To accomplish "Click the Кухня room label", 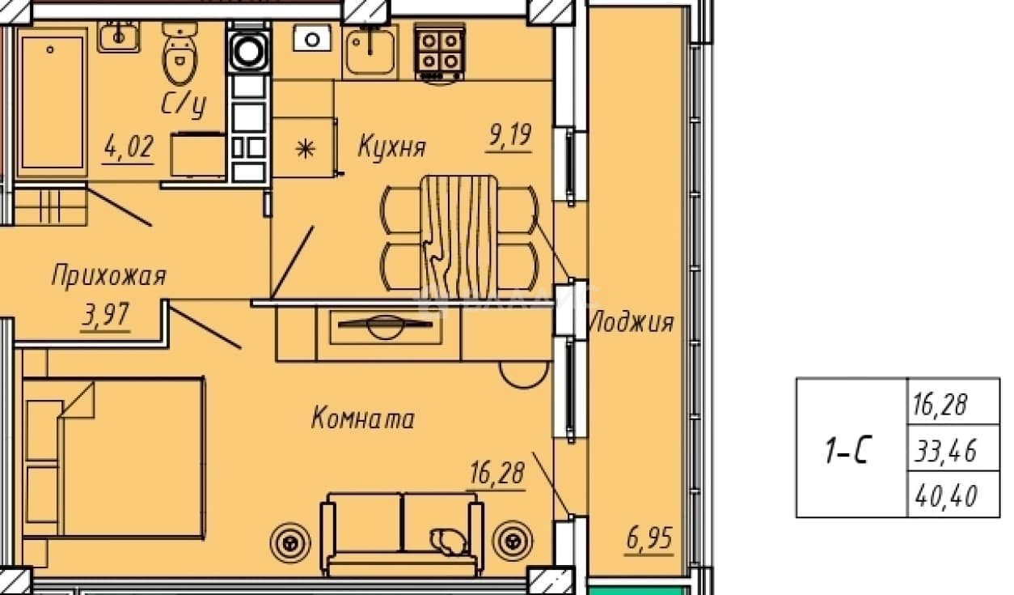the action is [x=391, y=147].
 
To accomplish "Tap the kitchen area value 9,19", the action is [x=509, y=134].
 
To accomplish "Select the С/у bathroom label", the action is [x=184, y=104].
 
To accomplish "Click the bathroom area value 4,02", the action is [x=129, y=147].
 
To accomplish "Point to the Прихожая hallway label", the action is [x=108, y=275].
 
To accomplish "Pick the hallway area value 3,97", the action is [x=106, y=314].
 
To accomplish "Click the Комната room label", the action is [x=362, y=418].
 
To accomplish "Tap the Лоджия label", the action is [x=631, y=322].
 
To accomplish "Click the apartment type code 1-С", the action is [x=846, y=450].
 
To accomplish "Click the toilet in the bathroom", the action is [x=180, y=53].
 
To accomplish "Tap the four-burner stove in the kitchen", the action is [x=440, y=53].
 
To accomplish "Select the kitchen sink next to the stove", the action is [x=370, y=51].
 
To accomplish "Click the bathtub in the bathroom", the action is [x=52, y=103].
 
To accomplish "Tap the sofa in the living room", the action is [x=402, y=535].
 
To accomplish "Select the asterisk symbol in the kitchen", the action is [x=305, y=149].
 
